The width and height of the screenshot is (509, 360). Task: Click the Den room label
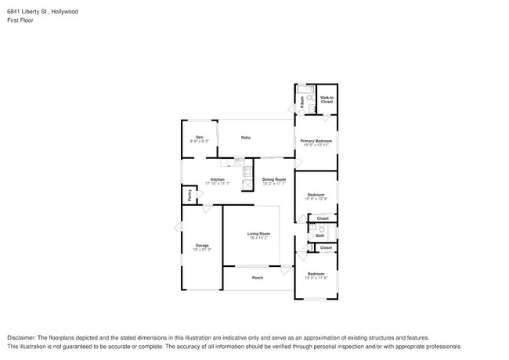coord(200,137)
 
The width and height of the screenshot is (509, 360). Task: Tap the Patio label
coord(245,137)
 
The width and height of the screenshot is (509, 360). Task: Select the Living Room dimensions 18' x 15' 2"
coord(258,238)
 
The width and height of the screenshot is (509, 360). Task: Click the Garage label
coord(201,245)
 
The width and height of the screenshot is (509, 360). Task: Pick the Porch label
coord(257,278)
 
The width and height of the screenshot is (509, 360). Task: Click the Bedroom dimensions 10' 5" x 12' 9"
coord(316,199)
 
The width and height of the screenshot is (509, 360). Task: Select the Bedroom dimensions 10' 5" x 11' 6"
coord(316,278)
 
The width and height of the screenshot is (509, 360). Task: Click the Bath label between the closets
coord(320,235)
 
